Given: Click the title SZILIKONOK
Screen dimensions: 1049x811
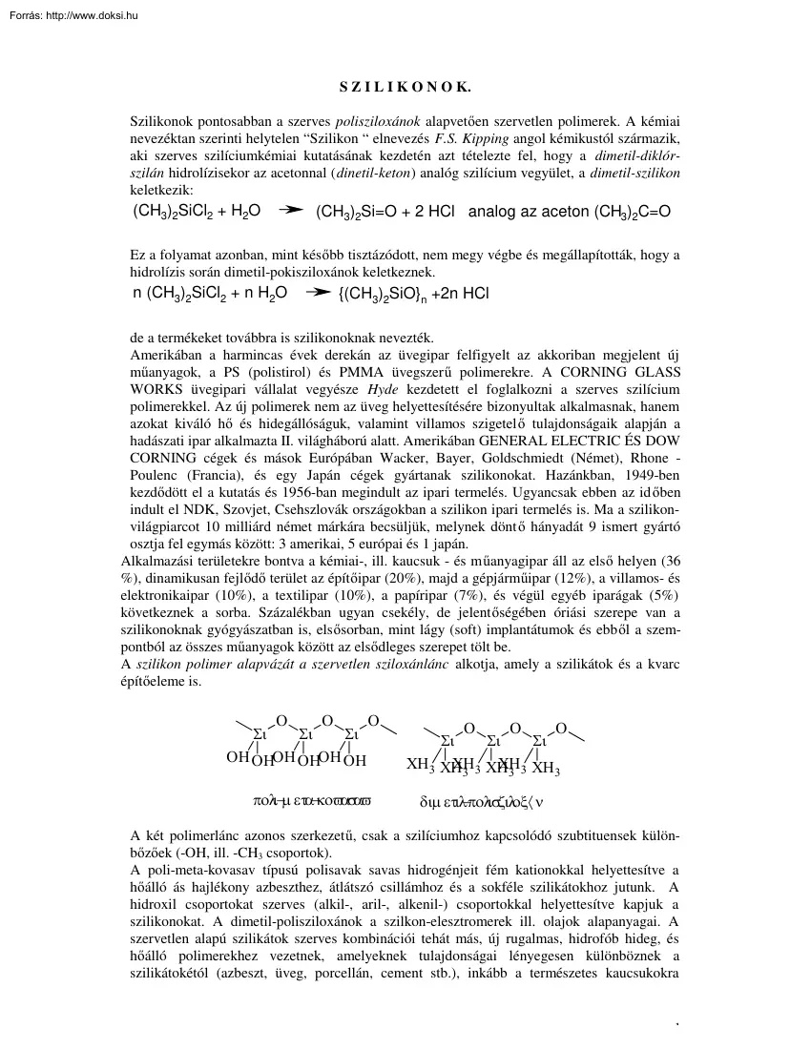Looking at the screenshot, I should click(405, 86).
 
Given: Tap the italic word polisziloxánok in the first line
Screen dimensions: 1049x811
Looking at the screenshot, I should click(379, 120).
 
